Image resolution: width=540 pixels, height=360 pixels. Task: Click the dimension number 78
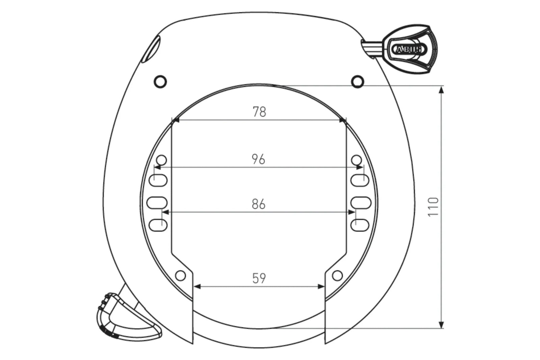(x=259, y=112)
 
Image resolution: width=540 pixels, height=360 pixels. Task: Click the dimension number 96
(x=259, y=159)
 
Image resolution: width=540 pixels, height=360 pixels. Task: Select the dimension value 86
(x=259, y=204)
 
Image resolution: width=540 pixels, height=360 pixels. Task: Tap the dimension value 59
(x=259, y=278)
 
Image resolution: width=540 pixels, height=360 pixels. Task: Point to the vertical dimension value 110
(x=433, y=206)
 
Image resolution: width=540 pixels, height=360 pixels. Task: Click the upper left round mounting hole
(x=160, y=81)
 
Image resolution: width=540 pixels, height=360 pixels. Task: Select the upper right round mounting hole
(x=357, y=81)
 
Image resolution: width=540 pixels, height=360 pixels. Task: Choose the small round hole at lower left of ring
(x=181, y=276)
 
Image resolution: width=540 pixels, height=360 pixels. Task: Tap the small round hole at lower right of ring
(x=337, y=276)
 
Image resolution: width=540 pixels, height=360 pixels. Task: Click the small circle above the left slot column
(x=162, y=159)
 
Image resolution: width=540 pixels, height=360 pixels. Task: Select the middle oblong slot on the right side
(x=360, y=202)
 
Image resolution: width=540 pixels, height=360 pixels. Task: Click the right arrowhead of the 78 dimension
(x=343, y=120)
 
